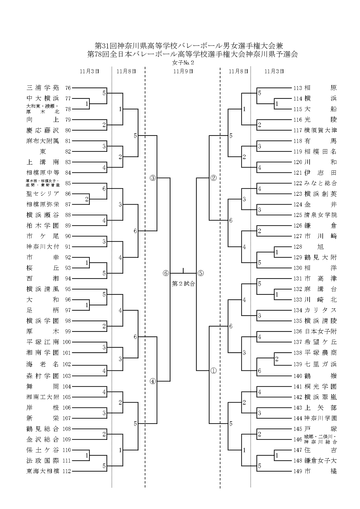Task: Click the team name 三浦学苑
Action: click(43, 88)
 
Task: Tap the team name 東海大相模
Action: click(43, 471)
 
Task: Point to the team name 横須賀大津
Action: click(320, 130)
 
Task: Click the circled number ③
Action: click(153, 178)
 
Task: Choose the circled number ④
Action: click(153, 381)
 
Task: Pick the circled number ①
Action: click(213, 371)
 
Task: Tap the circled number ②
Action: click(213, 178)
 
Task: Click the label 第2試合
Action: click(183, 284)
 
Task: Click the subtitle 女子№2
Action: click(183, 63)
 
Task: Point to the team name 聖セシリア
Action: click(43, 194)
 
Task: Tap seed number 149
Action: click(298, 471)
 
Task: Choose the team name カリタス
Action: click(320, 310)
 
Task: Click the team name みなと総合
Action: click(320, 183)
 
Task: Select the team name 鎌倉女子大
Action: click(320, 461)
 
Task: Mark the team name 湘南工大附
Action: click(43, 397)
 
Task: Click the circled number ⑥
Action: click(166, 273)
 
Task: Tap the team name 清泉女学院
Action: click(320, 215)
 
